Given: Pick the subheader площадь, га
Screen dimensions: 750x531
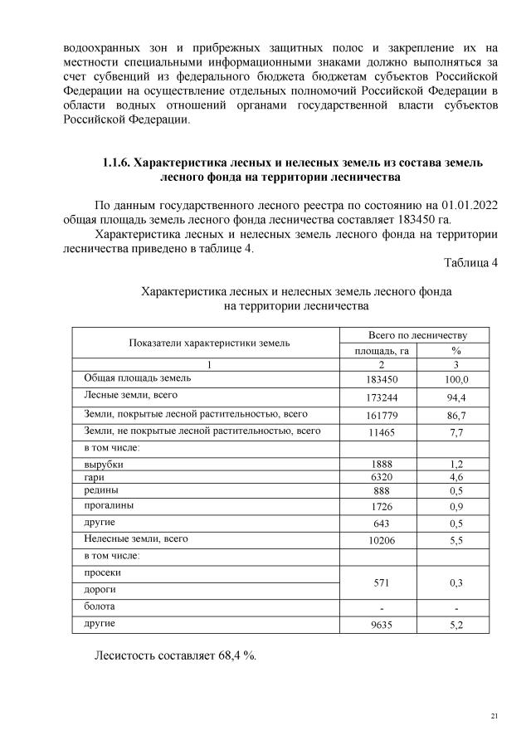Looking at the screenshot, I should [380, 351].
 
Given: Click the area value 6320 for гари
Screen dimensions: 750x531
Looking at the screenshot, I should [380, 478].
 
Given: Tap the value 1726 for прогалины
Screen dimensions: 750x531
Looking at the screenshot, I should [380, 506].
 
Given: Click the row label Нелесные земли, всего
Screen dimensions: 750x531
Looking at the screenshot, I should [136, 538].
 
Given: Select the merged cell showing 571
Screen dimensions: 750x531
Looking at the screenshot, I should [380, 583].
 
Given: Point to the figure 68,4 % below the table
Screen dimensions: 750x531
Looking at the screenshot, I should [234, 656].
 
